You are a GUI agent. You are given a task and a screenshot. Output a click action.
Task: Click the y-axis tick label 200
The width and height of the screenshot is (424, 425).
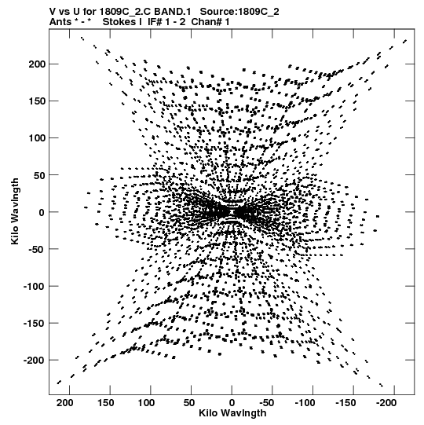coord(37,64)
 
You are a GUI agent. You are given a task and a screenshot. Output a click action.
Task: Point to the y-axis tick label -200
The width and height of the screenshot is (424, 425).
coord(34,361)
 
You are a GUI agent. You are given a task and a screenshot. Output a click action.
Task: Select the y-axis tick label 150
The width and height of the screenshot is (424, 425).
coord(37,101)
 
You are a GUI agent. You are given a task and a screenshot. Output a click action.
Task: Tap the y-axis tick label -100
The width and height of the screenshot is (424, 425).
coord(34,286)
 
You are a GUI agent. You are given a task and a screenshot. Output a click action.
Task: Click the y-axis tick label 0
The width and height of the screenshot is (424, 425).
coord(42,212)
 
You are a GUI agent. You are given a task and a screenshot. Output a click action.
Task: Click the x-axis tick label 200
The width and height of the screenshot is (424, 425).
coord(65,403)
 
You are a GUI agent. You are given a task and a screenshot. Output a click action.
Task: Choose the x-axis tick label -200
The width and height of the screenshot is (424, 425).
coord(386,403)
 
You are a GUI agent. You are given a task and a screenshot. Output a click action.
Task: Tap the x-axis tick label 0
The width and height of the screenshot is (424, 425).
coord(232,403)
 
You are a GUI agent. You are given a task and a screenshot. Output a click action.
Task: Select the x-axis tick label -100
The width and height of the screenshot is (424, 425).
coord(305,403)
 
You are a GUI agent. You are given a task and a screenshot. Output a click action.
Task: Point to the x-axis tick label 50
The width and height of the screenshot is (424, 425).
coord(189,403)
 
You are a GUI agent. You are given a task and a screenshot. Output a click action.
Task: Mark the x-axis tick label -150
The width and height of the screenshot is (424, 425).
coord(345,403)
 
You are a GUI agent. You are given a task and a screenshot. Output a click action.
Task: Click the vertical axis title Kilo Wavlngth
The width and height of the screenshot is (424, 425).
coord(15,211)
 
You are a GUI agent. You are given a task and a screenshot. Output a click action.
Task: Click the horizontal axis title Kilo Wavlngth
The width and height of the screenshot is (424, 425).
coord(232,413)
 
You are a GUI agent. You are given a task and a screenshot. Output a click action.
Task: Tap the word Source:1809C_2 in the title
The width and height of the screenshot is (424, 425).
coord(239,12)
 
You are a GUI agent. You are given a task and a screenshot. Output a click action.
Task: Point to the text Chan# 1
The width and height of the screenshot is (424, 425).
coord(210,22)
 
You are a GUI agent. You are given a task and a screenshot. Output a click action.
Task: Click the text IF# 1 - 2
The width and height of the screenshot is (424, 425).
coord(166,22)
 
